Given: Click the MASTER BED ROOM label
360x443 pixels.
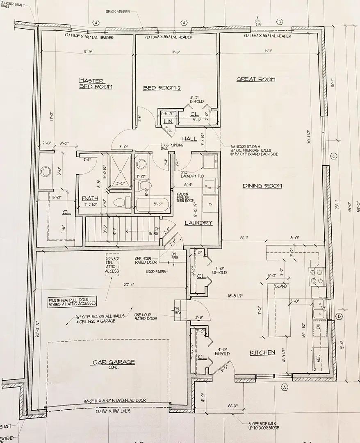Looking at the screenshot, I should click(96, 84).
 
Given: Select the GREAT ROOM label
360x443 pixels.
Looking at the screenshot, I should click(256, 79).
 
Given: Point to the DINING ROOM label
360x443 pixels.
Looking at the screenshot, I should click(262, 186).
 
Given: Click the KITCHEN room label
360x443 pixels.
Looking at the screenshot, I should click(262, 352).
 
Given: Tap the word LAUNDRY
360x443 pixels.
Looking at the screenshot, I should click(198, 223).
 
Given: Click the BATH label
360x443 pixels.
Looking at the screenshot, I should click(90, 198).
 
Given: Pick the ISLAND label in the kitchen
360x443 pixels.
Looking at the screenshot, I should click(281, 286).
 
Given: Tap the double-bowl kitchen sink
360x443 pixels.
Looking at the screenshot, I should click(319, 308).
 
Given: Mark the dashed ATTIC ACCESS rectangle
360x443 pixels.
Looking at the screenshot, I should click(112, 265).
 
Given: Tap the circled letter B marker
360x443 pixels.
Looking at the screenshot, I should click(339, 316).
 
